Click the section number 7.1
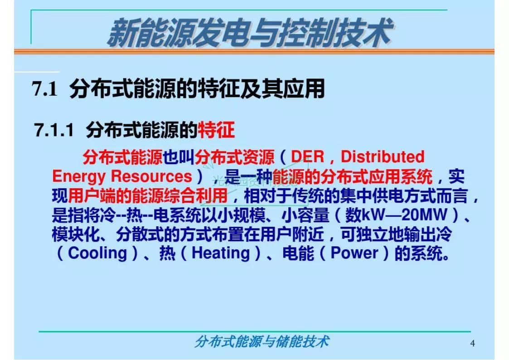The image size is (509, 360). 45,89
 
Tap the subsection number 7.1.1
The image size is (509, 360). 54,131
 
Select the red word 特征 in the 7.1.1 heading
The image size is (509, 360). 216,131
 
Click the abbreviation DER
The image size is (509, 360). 307,157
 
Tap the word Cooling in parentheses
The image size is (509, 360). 97,253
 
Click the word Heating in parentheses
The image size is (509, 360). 221,253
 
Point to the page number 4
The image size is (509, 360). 473,343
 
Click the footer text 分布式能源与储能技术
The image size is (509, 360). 262,341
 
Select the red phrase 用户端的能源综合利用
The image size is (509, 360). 147,196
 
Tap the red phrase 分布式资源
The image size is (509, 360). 234,157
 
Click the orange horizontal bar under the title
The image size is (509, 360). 254,52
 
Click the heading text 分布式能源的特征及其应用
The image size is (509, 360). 197,89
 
